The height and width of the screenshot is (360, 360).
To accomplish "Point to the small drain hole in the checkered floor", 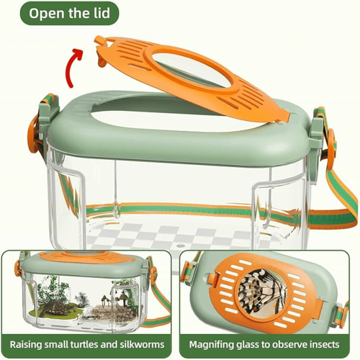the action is tap(181, 246).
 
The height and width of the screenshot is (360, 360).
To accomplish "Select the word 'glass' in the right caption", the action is tap(248, 345).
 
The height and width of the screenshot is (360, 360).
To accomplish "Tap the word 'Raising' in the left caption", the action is tap(24, 345).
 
